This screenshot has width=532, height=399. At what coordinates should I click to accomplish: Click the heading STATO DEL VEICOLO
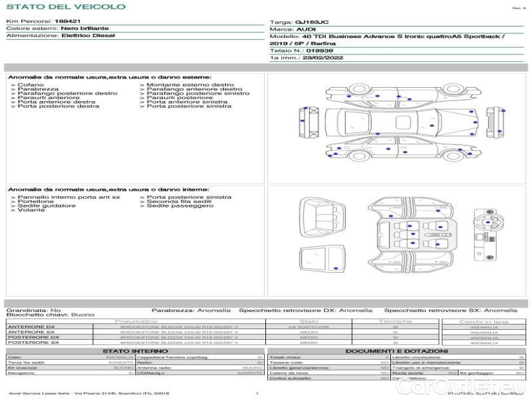coord(66,7)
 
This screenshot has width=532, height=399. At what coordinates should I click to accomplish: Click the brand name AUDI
coord(307,30)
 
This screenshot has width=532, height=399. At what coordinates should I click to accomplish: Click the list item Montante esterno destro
coord(190,85)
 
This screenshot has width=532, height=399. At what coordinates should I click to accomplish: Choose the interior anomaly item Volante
coord(31,210)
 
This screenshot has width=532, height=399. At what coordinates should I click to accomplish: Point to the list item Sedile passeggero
coord(180,206)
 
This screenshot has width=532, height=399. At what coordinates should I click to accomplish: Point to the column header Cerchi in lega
coord(483,321)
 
